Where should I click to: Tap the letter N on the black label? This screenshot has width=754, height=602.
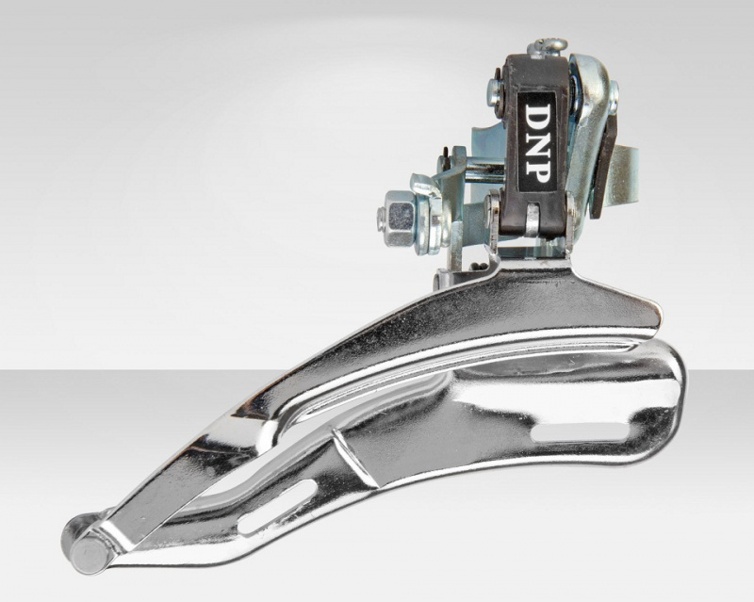point(537,141)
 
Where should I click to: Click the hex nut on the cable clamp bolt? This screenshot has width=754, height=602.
point(401,218)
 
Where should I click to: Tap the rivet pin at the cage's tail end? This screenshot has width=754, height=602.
point(88,547)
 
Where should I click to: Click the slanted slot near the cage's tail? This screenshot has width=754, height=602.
point(277,506)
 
